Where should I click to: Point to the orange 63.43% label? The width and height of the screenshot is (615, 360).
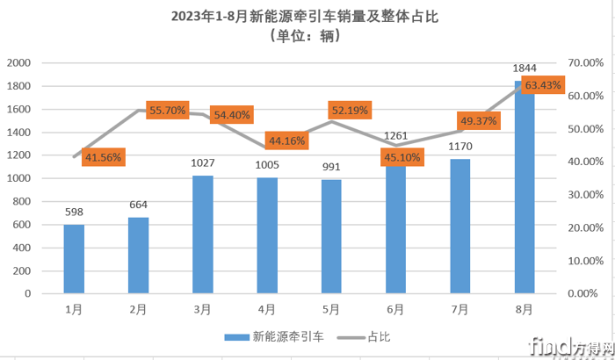coord(543,85)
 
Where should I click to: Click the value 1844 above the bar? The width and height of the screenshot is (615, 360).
coord(525,68)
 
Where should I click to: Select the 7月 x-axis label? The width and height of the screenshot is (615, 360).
coord(459,309)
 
